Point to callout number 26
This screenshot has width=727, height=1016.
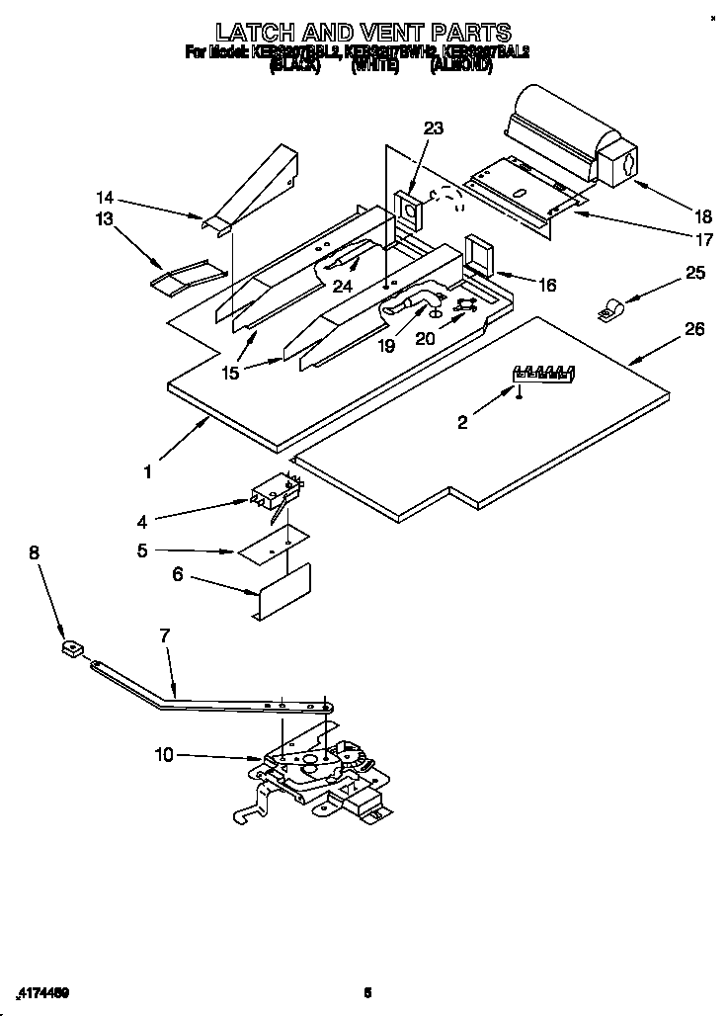tap(694, 329)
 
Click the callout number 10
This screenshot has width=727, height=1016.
tap(164, 755)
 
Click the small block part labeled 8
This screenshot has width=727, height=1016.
tap(69, 650)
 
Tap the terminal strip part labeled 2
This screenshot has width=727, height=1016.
tap(541, 373)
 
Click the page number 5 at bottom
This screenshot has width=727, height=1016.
tap(366, 991)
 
